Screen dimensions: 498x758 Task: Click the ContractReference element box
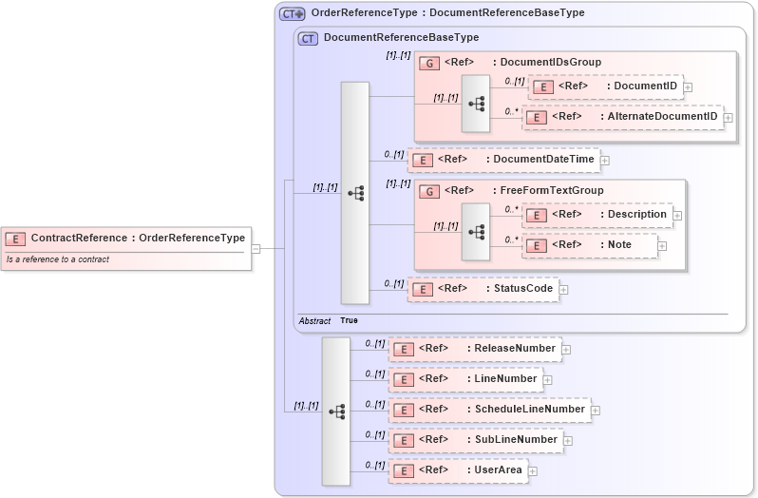click(126, 239)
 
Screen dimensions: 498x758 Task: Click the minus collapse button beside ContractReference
click(256, 249)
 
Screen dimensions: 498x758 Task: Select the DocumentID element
click(604, 86)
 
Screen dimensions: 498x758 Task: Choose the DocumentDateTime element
click(503, 160)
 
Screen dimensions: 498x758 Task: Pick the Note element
click(589, 245)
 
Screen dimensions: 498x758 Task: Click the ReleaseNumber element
click(474, 349)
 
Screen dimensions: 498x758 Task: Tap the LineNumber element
click(464, 379)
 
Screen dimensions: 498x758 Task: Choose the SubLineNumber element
click(475, 440)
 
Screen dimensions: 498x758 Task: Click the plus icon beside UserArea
click(533, 470)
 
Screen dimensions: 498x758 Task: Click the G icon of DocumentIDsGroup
click(429, 64)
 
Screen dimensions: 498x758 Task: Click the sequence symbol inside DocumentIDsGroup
click(476, 103)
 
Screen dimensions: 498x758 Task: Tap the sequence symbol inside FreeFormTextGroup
click(476, 231)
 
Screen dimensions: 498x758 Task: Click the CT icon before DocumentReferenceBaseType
click(308, 38)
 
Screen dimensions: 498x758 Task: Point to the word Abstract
click(314, 321)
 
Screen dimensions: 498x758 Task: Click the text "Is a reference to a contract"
click(58, 259)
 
